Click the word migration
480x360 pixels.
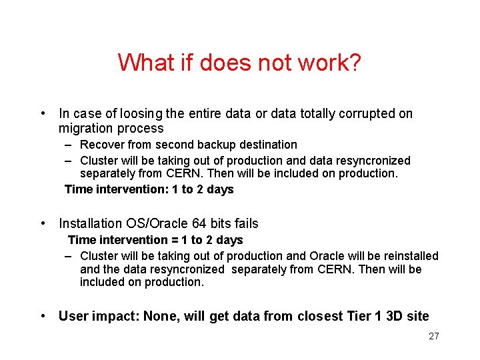coord(84,129)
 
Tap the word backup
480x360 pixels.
coord(201,145)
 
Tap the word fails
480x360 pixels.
coord(244,223)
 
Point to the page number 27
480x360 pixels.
coord(434,336)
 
